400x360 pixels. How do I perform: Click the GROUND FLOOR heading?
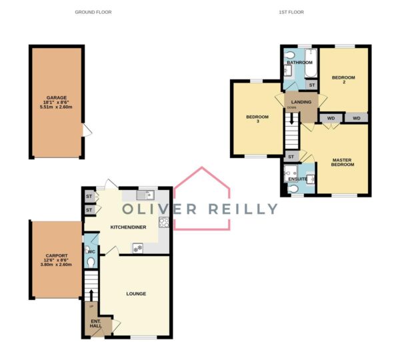click(x=93, y=12)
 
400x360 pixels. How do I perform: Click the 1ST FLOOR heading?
click(x=291, y=12)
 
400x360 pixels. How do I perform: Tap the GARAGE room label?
click(x=57, y=97)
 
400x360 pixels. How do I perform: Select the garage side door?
click(x=87, y=130)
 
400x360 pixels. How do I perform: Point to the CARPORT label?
click(x=57, y=255)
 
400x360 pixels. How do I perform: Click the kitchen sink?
click(x=145, y=195)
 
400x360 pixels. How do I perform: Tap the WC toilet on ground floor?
click(x=91, y=262)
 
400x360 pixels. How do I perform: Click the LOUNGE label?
click(x=136, y=293)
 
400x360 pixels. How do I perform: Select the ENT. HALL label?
click(x=95, y=323)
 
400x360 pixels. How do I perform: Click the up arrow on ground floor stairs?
click(x=91, y=295)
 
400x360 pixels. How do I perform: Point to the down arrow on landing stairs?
click(x=291, y=119)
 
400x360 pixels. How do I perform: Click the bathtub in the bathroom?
click(x=311, y=63)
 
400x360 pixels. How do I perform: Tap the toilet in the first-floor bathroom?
click(x=289, y=55)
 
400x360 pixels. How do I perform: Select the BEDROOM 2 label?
click(x=343, y=79)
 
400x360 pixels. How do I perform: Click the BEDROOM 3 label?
click(x=257, y=119)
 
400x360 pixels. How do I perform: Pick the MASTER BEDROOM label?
click(x=343, y=162)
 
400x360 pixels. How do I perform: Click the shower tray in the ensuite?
click(x=291, y=173)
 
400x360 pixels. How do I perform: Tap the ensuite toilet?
click(x=293, y=189)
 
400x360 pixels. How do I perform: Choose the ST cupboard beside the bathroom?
click(x=311, y=85)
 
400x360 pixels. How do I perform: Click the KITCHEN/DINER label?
click(x=128, y=227)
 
